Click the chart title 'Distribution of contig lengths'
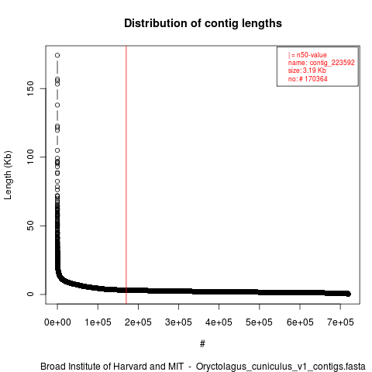[x=203, y=23]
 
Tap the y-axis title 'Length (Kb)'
[x=8, y=175]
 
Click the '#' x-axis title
[x=202, y=343]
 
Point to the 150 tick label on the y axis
[x=30, y=88]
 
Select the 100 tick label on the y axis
[x=30, y=157]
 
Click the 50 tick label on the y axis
[x=30, y=226]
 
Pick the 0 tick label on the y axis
[x=30, y=294]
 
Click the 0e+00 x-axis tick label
[x=57, y=322]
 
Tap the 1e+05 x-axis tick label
[x=98, y=322]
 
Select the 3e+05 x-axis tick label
[x=178, y=322]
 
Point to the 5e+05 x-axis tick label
[x=259, y=322]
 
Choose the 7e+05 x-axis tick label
[x=340, y=322]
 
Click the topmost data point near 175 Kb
[x=57, y=55]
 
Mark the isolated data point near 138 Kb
[x=57, y=105]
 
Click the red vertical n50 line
[x=126, y=175]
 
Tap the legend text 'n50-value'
[x=312, y=55]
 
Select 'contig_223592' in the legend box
[x=332, y=63]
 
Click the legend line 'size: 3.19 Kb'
[x=307, y=71]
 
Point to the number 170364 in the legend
[x=316, y=78]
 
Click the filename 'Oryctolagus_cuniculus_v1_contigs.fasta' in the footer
[x=281, y=367]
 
